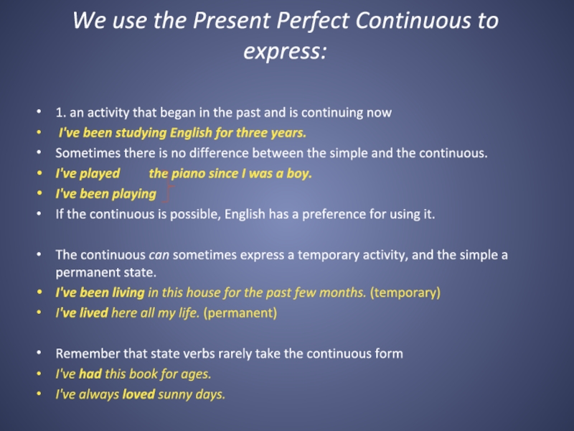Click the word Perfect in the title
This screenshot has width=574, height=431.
tap(312, 20)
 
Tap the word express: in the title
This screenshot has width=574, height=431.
tap(285, 51)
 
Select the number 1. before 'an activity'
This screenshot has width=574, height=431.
tap(61, 112)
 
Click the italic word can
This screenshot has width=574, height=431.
tap(159, 255)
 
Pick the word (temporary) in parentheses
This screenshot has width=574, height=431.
tap(405, 293)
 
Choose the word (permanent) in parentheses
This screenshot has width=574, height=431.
tap(240, 313)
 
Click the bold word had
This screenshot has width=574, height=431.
tap(90, 374)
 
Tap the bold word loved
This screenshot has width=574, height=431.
tap(138, 394)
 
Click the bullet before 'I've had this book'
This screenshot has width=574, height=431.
tap(39, 374)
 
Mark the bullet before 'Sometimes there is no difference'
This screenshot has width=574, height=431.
tap(39, 152)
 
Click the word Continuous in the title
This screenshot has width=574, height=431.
tap(413, 20)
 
